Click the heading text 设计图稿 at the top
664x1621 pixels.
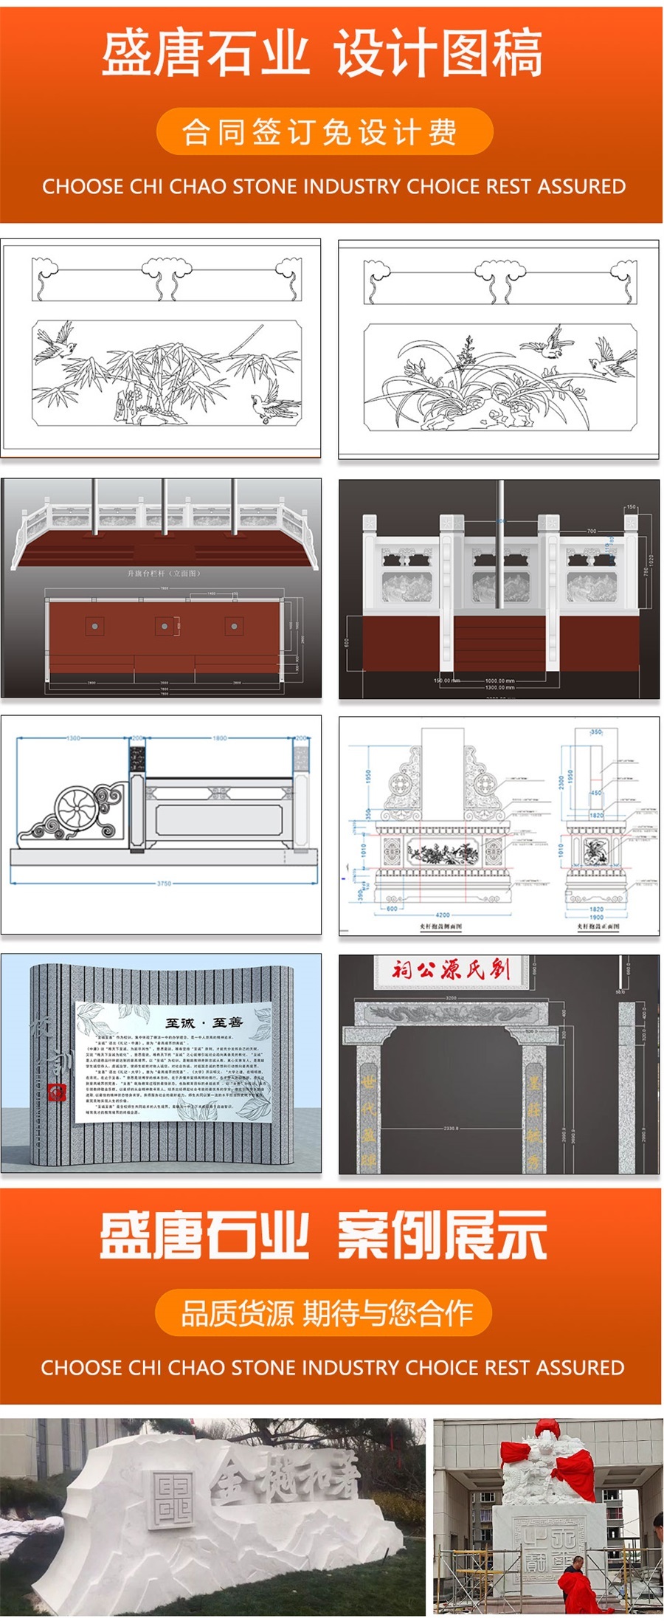(438, 53)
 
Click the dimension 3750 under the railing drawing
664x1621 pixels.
(164, 883)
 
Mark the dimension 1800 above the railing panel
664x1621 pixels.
(219, 738)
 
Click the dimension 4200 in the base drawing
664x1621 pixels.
(442, 915)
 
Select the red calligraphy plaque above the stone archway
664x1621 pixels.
(451, 969)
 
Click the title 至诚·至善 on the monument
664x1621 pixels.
(204, 1022)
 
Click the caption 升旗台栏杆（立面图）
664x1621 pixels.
(163, 573)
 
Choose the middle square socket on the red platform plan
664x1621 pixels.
(164, 626)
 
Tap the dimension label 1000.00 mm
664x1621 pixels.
(499, 681)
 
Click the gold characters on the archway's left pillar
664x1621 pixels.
(368, 1107)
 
